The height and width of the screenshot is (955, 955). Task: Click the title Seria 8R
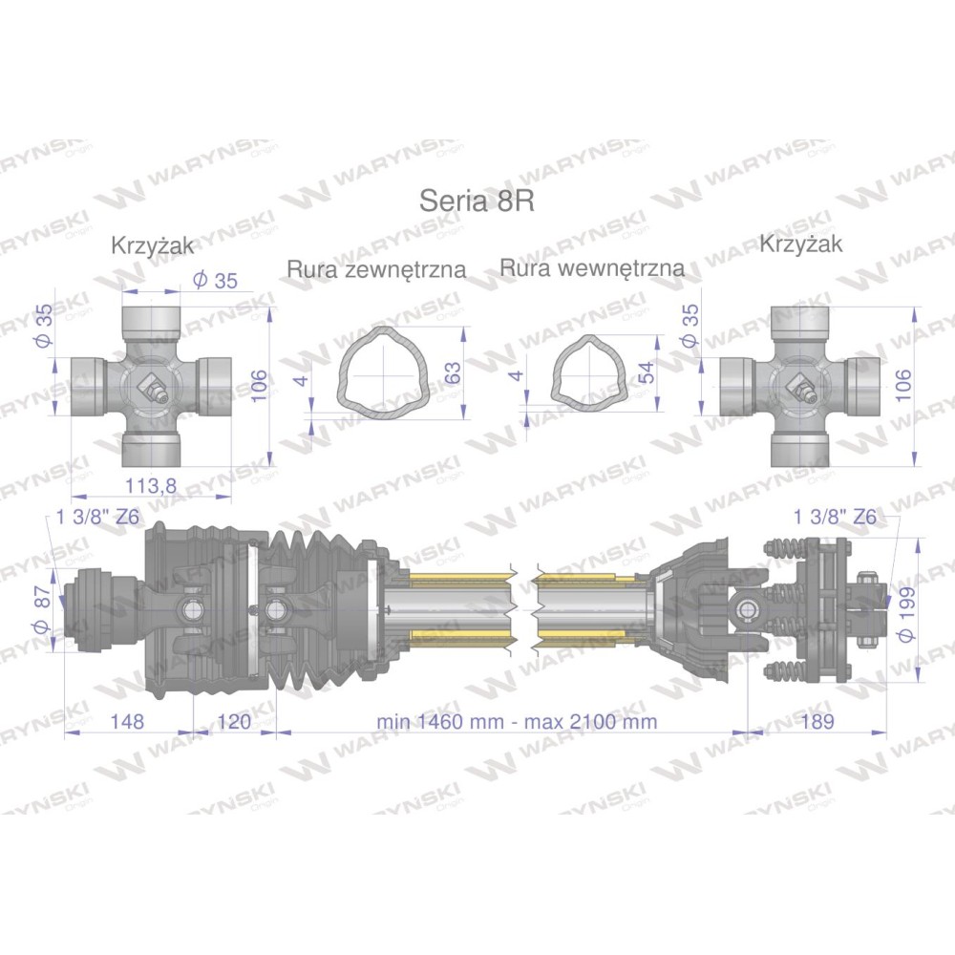pos(477,201)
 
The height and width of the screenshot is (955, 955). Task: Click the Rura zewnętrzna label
pos(377,268)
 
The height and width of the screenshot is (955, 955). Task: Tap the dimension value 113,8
pos(151,485)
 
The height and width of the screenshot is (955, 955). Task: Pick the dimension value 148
pos(127,721)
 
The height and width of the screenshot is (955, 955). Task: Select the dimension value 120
pos(234,721)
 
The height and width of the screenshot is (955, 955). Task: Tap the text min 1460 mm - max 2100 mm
pos(517,722)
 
